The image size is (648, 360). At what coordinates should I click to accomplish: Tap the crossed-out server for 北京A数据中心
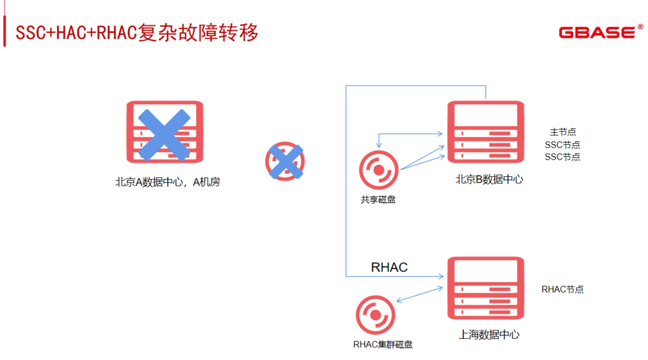pos(165,132)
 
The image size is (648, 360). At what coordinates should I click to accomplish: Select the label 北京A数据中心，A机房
pos(167,182)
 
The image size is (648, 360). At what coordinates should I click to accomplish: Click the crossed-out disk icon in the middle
pos(285,161)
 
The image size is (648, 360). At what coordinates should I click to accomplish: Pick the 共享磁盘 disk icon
pos(379,170)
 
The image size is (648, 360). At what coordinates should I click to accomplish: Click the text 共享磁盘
pos(378,200)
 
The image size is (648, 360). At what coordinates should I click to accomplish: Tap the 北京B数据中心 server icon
pos(485,132)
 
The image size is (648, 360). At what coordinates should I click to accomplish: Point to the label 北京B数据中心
pos(489,179)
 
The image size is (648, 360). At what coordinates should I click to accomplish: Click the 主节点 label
pos(563,132)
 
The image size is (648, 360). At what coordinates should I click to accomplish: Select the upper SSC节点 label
pos(562,145)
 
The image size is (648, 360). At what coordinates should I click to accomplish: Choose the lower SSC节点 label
pos(562,157)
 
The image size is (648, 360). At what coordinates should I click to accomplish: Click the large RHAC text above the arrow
pos(389,267)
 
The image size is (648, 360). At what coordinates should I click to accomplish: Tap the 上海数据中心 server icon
pos(485,288)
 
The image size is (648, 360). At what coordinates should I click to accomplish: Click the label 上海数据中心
pos(489,335)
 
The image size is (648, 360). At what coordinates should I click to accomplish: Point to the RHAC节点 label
pos(562,289)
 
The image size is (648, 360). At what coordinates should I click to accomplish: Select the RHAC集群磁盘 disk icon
pos(375,315)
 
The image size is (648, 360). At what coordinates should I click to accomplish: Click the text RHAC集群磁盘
pos(383,344)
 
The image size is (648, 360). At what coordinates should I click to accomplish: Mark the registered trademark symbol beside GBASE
pos(640,27)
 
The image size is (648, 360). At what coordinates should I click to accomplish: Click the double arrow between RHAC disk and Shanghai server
pos(419,294)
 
